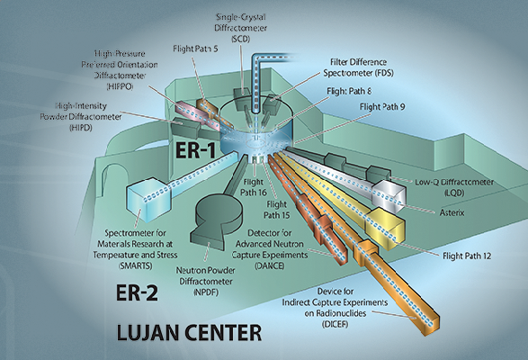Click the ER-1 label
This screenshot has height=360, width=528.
(x=195, y=150)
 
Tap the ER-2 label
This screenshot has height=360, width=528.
(x=137, y=292)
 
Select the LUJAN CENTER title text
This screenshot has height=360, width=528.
(x=189, y=332)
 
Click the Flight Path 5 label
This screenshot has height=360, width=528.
(x=196, y=49)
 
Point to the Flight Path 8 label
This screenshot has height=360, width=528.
(x=349, y=91)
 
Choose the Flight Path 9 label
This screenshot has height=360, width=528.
(x=382, y=107)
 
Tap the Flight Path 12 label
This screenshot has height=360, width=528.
(x=467, y=256)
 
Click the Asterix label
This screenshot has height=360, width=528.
(x=452, y=212)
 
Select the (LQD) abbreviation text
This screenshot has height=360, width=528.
(x=454, y=193)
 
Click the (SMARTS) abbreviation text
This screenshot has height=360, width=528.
(x=135, y=265)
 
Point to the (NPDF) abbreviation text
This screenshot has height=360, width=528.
(x=206, y=292)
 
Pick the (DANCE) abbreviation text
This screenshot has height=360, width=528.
(x=269, y=265)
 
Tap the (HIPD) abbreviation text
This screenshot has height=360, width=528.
(x=81, y=128)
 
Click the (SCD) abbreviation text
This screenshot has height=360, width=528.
(x=241, y=39)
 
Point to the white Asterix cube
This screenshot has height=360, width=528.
(x=388, y=196)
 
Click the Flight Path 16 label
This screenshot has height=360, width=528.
(x=254, y=187)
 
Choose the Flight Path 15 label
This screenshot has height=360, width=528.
(x=276, y=210)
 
